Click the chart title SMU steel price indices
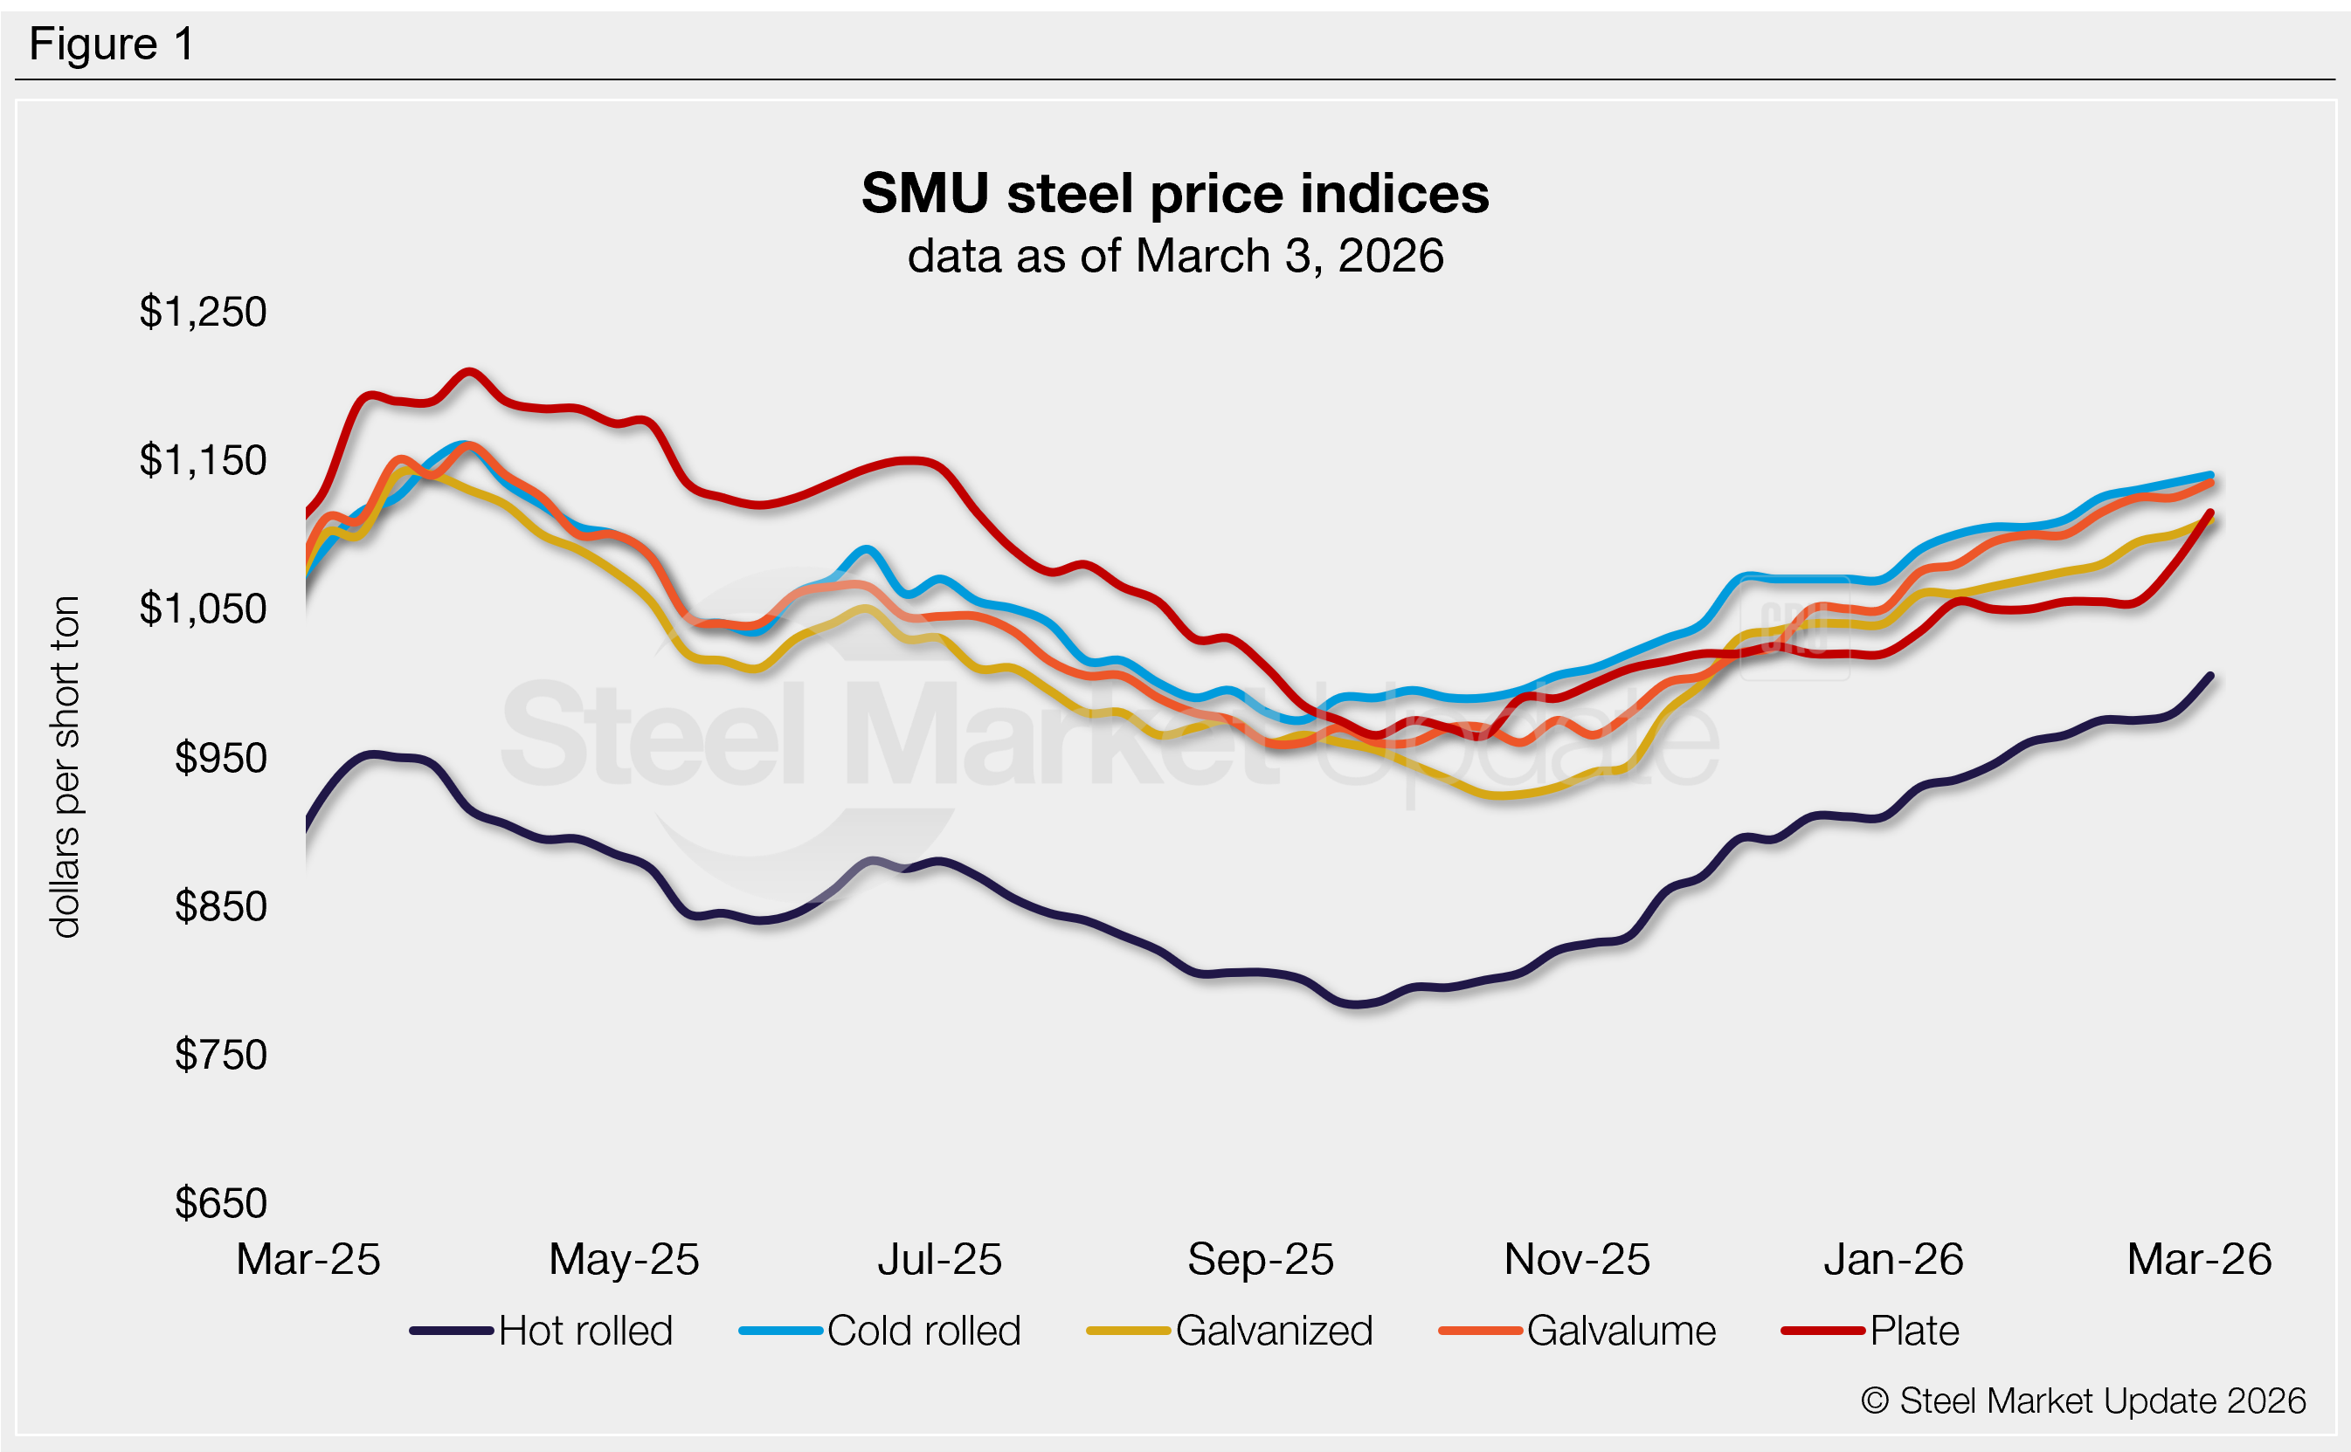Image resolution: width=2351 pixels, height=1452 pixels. click(1174, 194)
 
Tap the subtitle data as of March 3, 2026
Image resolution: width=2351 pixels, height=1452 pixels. click(1174, 257)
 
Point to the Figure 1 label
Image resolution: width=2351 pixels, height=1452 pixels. click(112, 45)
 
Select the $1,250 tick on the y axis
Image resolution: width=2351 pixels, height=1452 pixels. click(203, 312)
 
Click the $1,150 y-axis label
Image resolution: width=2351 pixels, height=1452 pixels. click(203, 461)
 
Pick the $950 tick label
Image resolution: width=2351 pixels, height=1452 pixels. click(220, 759)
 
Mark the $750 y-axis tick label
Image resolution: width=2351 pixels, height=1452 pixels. click(220, 1056)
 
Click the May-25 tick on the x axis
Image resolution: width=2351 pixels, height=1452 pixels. click(624, 1260)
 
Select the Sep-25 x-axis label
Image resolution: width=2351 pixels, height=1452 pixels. click(1261, 1260)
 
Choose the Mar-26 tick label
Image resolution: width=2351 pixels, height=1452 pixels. click(2199, 1260)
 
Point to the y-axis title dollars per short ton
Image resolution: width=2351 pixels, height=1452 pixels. click(66, 767)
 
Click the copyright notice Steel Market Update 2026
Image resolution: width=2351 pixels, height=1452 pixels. click(2083, 1401)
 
